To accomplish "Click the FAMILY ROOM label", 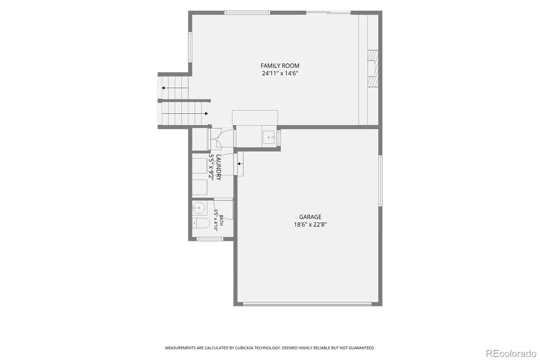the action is (x=280, y=66).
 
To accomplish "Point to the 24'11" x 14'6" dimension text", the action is (x=280, y=73).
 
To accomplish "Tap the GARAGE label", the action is (x=310, y=217).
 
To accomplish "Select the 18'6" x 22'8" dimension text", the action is (x=310, y=225).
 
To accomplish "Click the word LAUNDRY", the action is (x=219, y=168).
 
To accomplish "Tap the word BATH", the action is (x=221, y=220).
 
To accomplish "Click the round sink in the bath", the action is (x=199, y=208).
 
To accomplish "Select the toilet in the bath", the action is (x=201, y=223).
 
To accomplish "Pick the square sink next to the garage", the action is (x=269, y=137).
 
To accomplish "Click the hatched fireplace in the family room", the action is (x=373, y=68).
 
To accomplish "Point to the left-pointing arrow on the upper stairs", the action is (x=175, y=88).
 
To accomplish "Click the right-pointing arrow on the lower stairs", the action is (x=185, y=113).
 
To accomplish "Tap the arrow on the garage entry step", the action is (x=240, y=164).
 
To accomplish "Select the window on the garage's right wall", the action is (x=380, y=181).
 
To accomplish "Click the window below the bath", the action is (x=210, y=239).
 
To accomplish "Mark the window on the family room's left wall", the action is (x=190, y=47).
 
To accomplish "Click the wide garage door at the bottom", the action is (x=307, y=304).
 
